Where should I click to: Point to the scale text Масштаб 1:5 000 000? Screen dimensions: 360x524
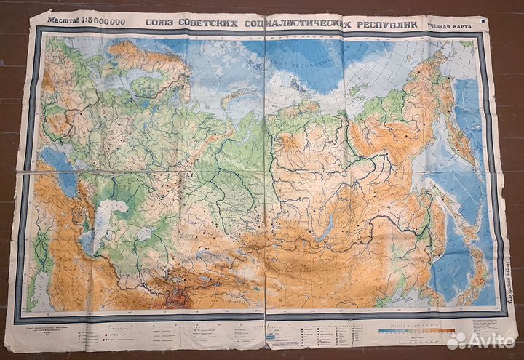tap(86, 20)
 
